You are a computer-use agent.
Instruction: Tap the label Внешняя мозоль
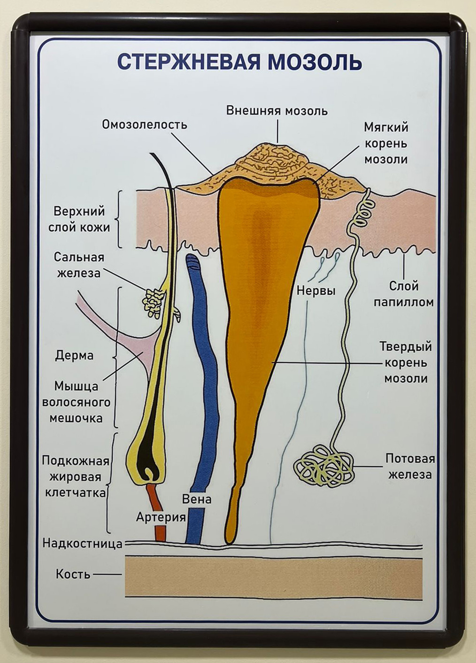coord(277,111)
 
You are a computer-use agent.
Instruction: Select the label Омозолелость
coord(145,125)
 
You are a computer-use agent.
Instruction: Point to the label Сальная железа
coord(79,265)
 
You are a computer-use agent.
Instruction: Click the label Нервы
coord(316,291)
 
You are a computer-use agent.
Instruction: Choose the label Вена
coord(197,499)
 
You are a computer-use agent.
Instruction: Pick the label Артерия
coord(161,517)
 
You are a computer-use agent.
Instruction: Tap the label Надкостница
coord(83,544)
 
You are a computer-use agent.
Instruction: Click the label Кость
coord(73,574)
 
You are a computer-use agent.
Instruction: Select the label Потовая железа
coord(410,466)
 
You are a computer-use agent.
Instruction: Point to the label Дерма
coord(74,355)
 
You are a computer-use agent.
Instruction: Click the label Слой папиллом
coord(403,294)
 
